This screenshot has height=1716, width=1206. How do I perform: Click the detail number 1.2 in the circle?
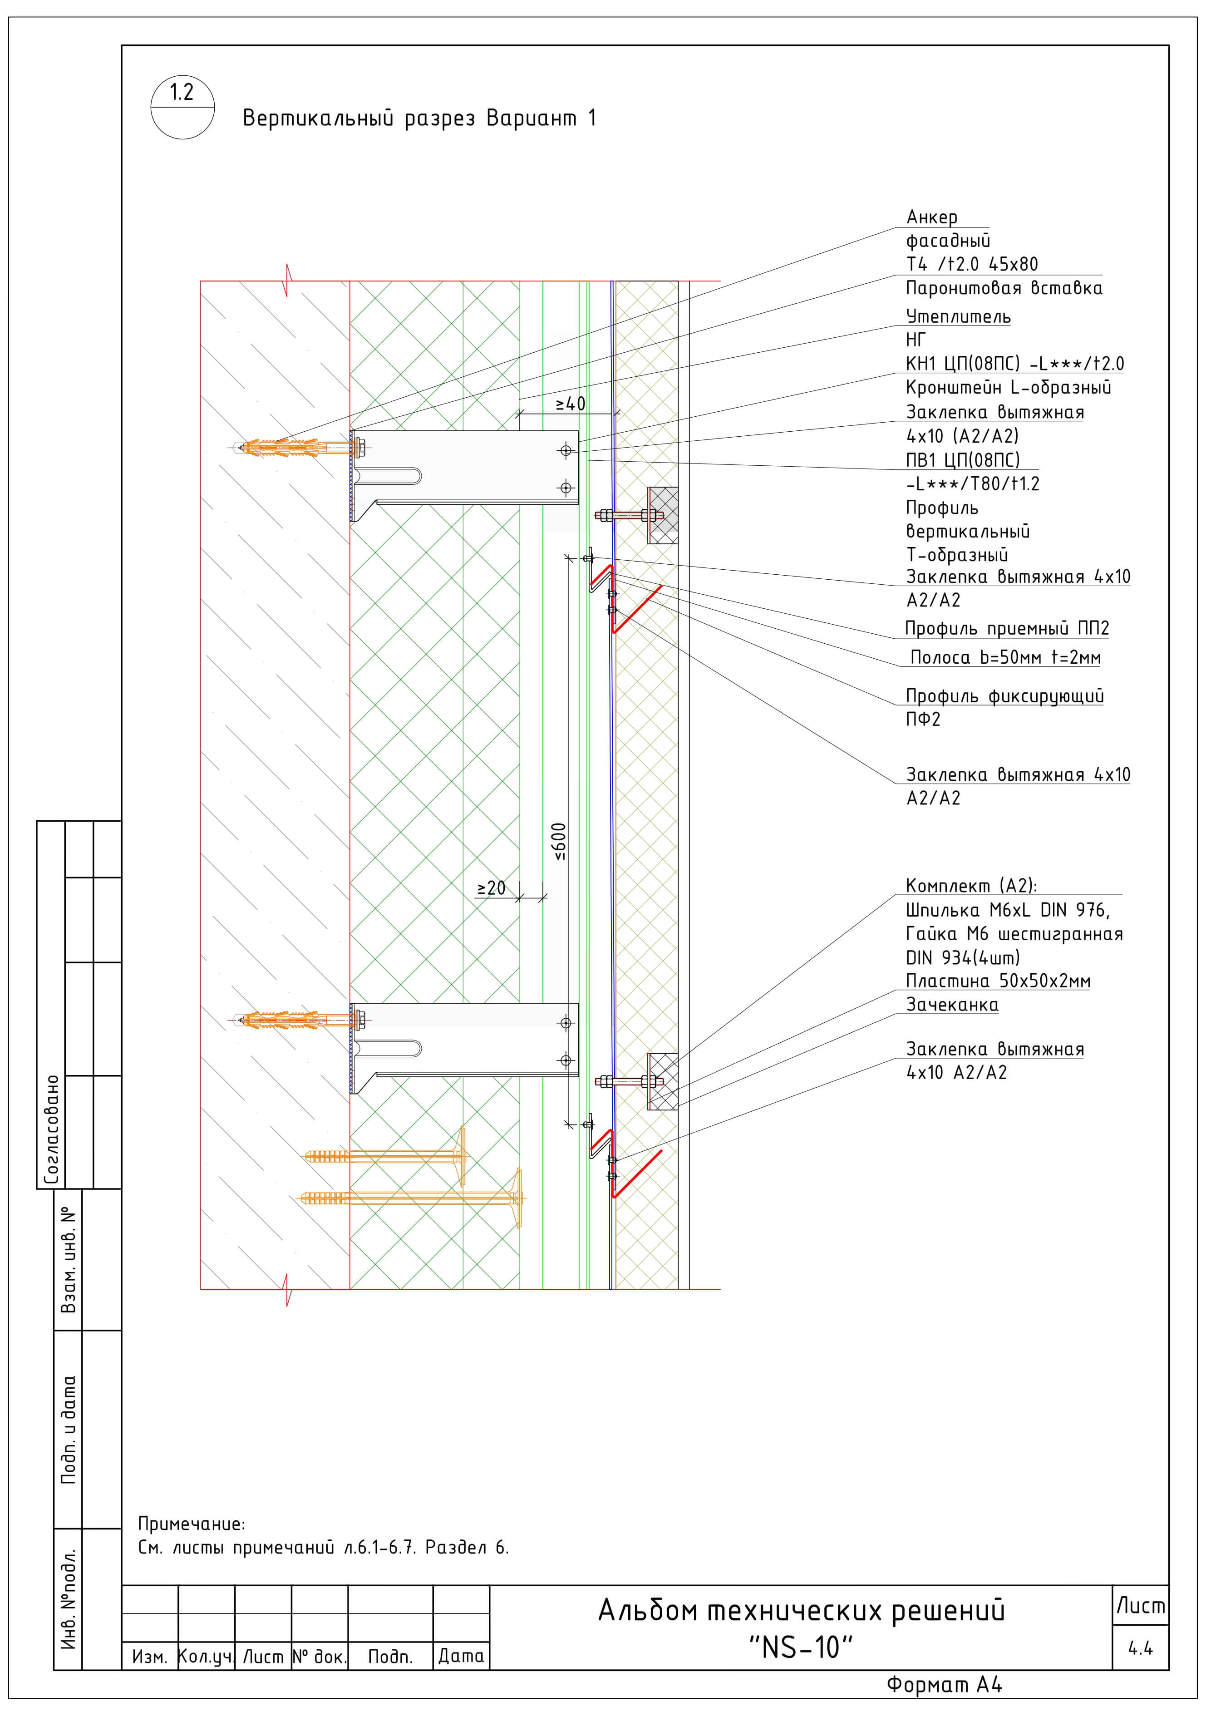(x=182, y=93)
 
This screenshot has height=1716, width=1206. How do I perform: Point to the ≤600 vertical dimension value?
(x=560, y=842)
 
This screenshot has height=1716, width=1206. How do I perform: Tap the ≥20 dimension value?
(x=491, y=889)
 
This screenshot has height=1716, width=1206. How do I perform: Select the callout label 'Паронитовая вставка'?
(x=1004, y=288)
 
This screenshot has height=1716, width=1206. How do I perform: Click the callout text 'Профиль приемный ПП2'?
(x=1006, y=629)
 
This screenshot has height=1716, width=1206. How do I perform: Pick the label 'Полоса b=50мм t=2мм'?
(x=1005, y=658)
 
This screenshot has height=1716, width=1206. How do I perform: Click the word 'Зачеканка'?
(x=952, y=1005)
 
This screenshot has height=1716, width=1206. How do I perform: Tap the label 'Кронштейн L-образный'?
(x=1008, y=388)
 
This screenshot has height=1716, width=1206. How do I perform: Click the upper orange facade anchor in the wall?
(x=295, y=449)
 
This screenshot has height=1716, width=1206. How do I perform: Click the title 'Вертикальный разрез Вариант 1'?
(x=419, y=118)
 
